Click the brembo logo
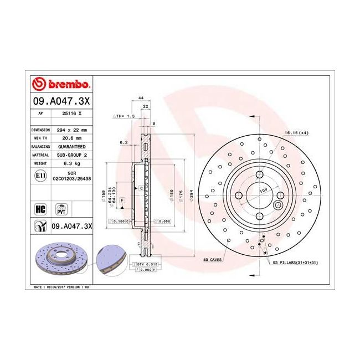point(61,85)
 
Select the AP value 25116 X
point(73,112)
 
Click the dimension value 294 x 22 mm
point(73,130)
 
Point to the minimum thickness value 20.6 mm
point(73,138)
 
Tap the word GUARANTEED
point(73,147)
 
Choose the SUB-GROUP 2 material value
point(73,156)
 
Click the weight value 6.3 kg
point(73,164)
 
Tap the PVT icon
point(60,209)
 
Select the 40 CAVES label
point(213,259)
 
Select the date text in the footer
point(61,288)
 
